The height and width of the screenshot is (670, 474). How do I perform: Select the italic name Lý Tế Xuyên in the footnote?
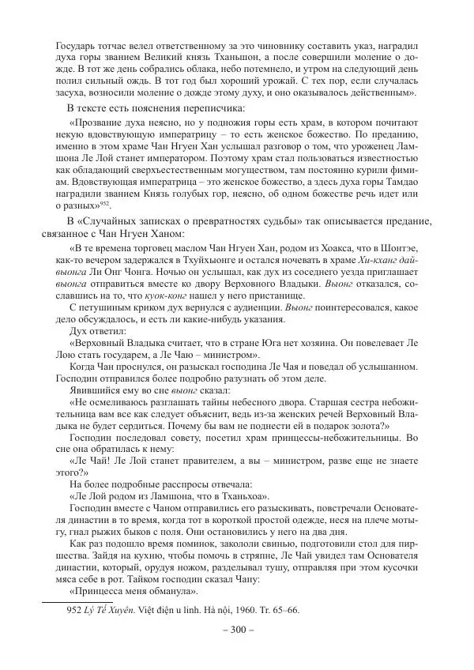113,610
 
